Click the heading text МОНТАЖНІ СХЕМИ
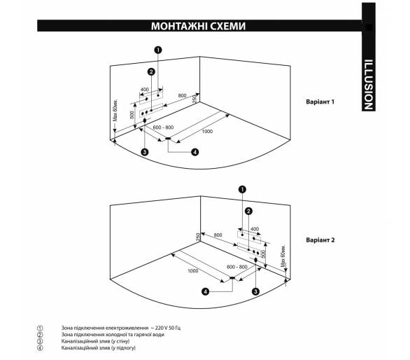198,26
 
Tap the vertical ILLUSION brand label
369,85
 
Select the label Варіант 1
320,102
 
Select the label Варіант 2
320,240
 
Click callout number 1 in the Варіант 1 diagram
158,50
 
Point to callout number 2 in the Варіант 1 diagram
151,71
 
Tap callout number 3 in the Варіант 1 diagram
144,151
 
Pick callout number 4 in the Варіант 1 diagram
195,152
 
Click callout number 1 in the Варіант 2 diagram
242,189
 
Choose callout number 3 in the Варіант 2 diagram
255,291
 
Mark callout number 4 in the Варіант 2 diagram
205,291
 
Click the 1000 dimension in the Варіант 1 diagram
207,132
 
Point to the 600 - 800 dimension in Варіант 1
163,127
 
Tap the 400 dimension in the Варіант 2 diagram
255,229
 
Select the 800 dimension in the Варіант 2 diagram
218,235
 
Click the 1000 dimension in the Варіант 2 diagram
193,271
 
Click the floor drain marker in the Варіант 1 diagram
168,138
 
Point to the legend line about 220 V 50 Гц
121,328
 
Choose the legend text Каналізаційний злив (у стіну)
95,341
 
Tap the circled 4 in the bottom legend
40,348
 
